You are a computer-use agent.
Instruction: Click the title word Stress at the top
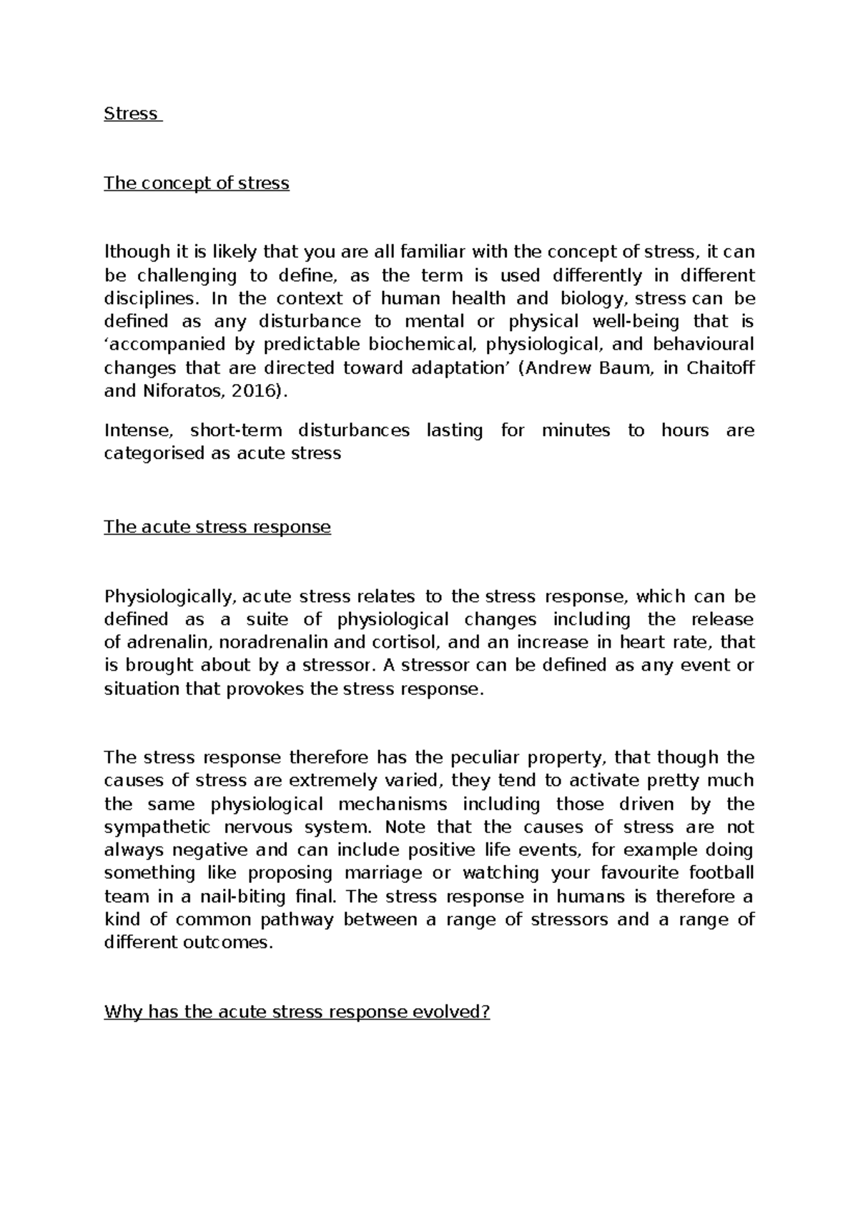coord(131,114)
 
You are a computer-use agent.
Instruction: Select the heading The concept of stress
coord(197,183)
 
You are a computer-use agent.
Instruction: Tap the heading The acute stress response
coord(217,527)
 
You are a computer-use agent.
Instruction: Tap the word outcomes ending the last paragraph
coord(238,942)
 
